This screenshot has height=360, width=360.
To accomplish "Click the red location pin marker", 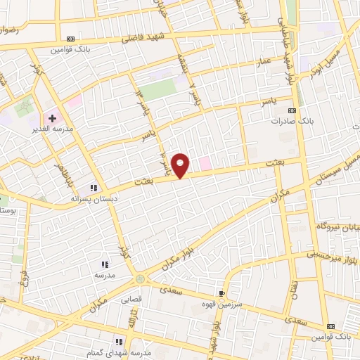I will [x=181, y=165].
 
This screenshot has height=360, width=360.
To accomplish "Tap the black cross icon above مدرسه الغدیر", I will [x=52, y=118].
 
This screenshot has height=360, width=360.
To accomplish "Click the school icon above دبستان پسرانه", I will [x=93, y=188].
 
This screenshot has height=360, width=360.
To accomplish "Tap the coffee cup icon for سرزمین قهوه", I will [x=222, y=293].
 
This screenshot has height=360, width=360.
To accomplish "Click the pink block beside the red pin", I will [x=205, y=163].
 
